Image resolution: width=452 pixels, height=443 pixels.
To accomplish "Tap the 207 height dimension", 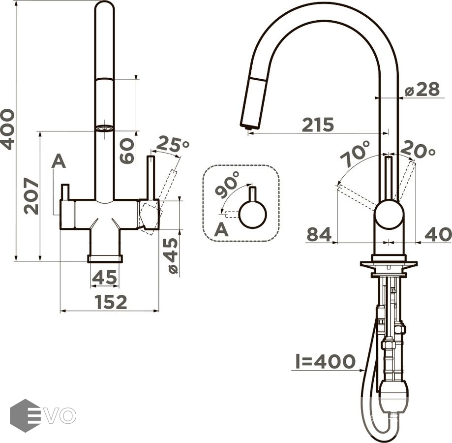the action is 31,196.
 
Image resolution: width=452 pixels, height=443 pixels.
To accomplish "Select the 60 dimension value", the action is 127,151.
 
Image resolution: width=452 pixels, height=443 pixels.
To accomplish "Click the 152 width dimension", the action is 111,302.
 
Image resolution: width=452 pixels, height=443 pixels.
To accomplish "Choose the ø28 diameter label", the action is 422,90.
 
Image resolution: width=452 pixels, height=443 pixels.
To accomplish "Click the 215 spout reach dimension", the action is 318,125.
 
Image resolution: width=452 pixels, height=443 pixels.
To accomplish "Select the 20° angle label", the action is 418,150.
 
